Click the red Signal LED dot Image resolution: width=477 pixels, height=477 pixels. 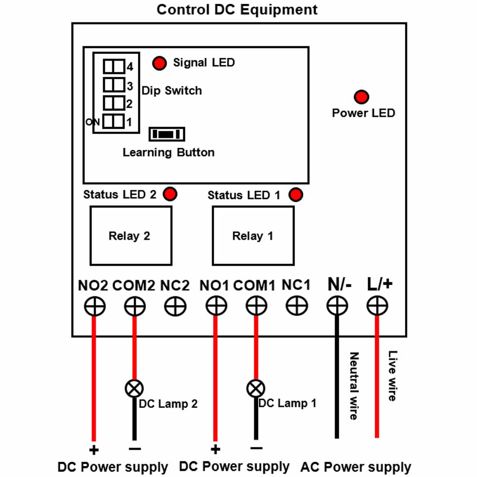[159, 63]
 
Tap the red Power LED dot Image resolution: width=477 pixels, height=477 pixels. [362, 97]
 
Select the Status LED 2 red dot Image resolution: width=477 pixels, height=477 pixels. [170, 194]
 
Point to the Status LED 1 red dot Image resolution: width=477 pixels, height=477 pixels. [296, 195]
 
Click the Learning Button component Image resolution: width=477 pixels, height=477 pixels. [166, 134]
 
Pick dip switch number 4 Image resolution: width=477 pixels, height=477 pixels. [114, 66]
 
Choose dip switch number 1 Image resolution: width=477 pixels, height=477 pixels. [114, 121]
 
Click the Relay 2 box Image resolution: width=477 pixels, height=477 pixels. [131, 236]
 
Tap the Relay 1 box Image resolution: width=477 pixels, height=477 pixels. [253, 236]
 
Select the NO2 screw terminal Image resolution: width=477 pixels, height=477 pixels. [94, 306]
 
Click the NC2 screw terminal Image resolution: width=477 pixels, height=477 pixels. [175, 306]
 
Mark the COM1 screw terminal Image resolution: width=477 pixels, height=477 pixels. [257, 306]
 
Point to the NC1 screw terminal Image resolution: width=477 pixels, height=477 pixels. [297, 306]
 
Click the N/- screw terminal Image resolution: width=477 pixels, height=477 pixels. [337, 306]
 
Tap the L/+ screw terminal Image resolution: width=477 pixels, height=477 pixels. [377, 306]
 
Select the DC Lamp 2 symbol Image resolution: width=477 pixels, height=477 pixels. [134, 388]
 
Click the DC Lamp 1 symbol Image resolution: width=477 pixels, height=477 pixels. [256, 388]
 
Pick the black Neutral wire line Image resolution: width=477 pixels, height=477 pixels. [337, 377]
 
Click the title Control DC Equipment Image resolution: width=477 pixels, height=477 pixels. [237, 10]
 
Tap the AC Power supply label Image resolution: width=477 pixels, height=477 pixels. [356, 467]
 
